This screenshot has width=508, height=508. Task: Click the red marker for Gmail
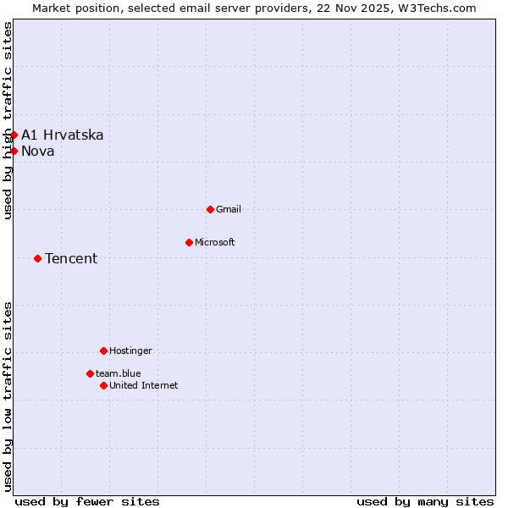coord(210,209)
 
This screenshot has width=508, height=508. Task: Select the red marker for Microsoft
coord(189,242)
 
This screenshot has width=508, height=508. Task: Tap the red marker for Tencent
coord(37,258)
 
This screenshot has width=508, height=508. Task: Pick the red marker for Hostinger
coord(103,351)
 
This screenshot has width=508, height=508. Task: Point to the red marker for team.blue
coord(90,373)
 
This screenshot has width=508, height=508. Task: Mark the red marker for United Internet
coord(103,385)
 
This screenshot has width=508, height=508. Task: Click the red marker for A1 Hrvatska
coord(14,135)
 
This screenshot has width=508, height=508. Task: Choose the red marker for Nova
coord(14,151)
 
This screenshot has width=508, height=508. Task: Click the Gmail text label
coord(229,209)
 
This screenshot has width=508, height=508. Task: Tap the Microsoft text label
coord(215,242)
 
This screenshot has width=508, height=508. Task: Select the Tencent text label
coord(71,258)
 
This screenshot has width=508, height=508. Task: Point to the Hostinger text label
coord(130,351)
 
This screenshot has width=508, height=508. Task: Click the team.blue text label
coord(119,373)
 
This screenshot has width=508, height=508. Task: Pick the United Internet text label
coord(144,385)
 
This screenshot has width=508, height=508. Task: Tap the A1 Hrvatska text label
coord(63,135)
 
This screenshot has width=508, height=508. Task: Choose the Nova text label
coord(38,151)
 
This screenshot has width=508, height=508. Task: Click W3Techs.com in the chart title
coord(440,8)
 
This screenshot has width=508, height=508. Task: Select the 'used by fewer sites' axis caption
coord(87,501)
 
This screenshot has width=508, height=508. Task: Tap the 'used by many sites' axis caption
coord(425,501)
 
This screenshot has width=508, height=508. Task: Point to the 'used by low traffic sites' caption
coord(8,396)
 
